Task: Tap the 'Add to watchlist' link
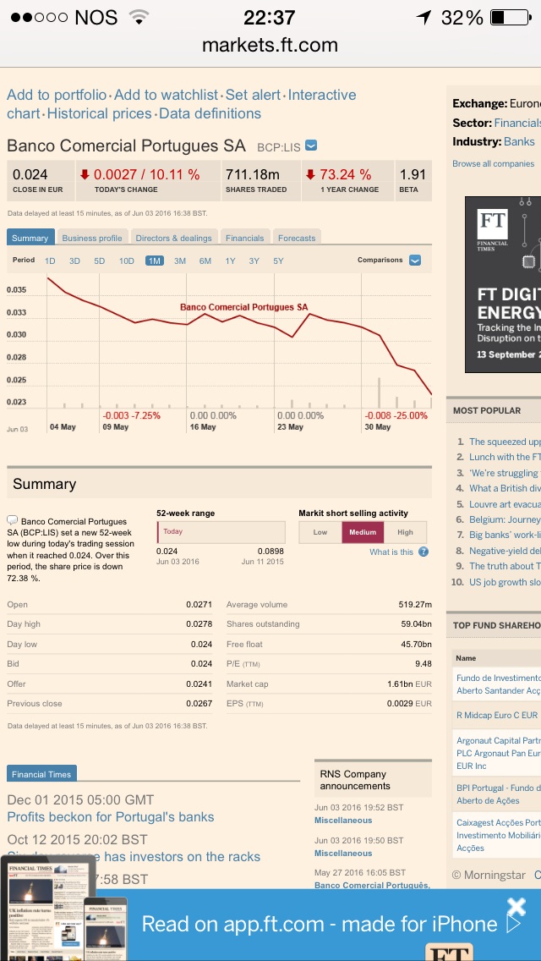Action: tap(167, 95)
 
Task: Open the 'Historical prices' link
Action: tap(100, 113)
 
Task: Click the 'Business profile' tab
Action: tap(92, 239)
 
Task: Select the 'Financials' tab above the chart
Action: tap(245, 239)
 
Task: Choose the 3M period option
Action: tap(180, 261)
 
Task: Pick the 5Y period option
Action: tap(279, 261)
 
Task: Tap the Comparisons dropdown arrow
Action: tap(415, 261)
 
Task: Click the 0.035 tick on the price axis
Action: tap(16, 290)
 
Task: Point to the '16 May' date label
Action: tap(203, 427)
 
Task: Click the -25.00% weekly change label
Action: tap(396, 415)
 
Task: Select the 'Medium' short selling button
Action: tap(363, 532)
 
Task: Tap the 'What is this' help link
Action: tap(391, 552)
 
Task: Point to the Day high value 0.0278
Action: tap(199, 624)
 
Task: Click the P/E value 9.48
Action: tap(423, 664)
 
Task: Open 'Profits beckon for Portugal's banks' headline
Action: tap(111, 817)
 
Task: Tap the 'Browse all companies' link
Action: tap(493, 163)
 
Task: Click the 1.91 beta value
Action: tap(413, 175)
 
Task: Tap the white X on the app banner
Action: tap(516, 906)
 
